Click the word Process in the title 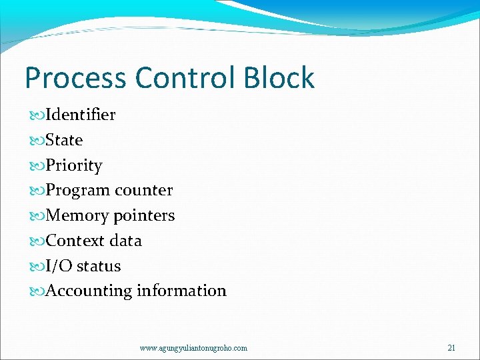[x=74, y=78]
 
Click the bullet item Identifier [x=80, y=115]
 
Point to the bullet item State [x=64, y=140]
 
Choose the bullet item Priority [x=73, y=165]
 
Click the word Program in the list [x=77, y=191]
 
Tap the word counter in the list [x=143, y=190]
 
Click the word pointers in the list [x=144, y=215]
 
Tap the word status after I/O [x=99, y=266]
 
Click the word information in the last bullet [x=181, y=291]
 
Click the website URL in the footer [x=193, y=348]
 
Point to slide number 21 [x=451, y=348]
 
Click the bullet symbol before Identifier [x=38, y=115]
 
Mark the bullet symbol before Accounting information [x=38, y=291]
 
